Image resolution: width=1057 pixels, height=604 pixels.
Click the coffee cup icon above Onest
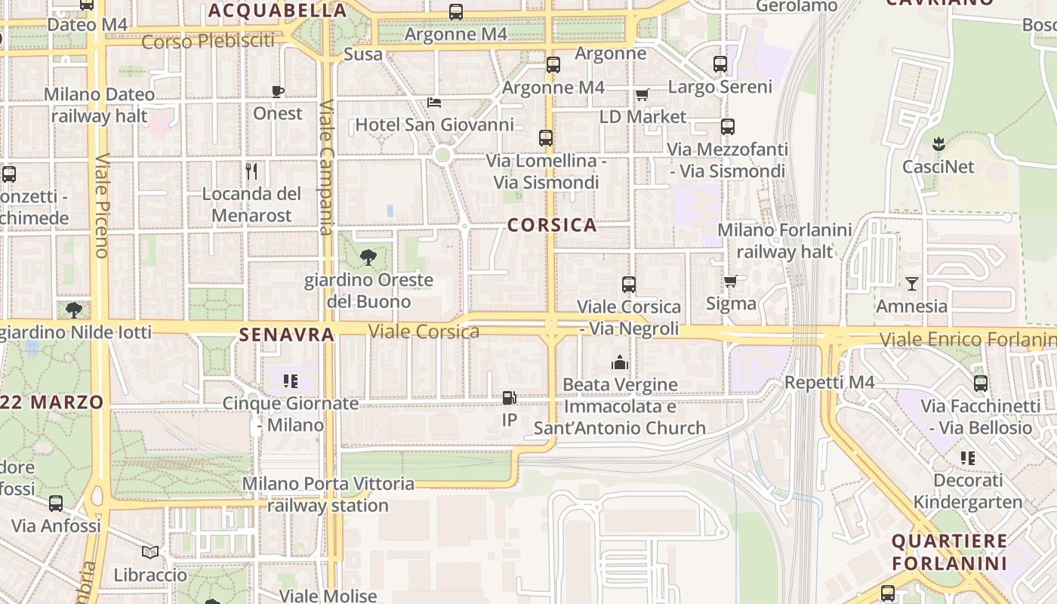tap(278, 92)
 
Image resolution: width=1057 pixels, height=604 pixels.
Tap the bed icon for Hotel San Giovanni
tap(434, 103)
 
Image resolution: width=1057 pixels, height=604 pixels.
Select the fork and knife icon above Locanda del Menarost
tap(251, 171)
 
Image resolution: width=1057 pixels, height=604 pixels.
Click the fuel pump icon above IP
tap(510, 397)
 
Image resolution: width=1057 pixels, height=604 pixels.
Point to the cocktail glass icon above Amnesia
tap(912, 284)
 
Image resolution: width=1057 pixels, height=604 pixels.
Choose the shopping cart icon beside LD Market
tap(642, 95)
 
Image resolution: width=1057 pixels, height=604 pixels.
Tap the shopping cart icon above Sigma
tap(730, 282)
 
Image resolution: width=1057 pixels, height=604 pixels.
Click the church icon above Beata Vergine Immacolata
tap(620, 363)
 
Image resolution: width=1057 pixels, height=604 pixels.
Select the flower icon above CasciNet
tap(938, 144)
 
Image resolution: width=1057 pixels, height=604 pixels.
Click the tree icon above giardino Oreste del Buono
tap(368, 258)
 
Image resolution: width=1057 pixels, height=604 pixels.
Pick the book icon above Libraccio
tap(150, 553)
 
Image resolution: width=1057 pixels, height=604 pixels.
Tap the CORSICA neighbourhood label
tap(552, 225)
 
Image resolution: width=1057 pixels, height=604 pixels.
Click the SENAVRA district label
tap(286, 334)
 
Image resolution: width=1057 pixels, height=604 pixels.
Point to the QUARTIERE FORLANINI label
tap(949, 552)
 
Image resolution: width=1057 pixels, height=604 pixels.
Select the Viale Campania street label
tap(326, 168)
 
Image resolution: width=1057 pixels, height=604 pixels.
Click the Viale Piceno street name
tap(103, 206)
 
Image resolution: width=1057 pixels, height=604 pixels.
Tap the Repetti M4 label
tap(829, 382)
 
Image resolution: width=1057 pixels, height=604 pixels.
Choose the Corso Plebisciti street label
tap(208, 41)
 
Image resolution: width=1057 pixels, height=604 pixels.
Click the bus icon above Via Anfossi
tap(56, 504)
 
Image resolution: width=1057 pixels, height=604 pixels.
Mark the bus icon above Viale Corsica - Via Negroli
tap(629, 285)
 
